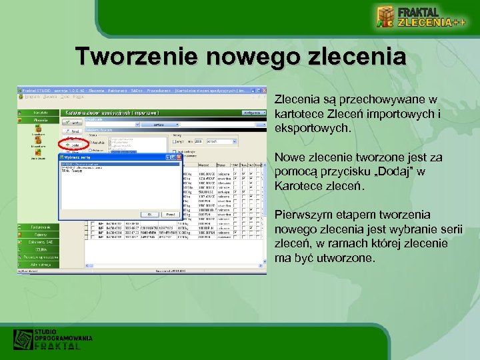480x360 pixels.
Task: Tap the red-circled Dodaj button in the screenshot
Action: click(x=73, y=144)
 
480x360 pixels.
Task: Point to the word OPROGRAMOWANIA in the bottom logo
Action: click(x=63, y=339)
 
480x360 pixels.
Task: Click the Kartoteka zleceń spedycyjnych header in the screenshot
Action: click(x=110, y=113)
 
